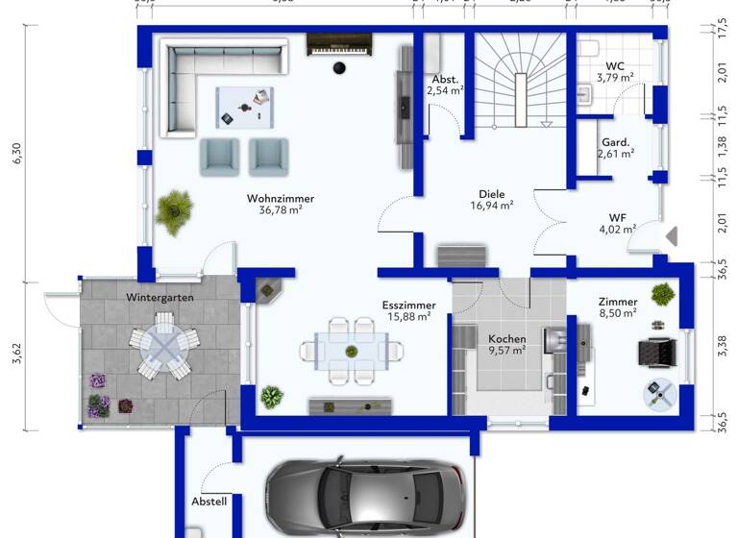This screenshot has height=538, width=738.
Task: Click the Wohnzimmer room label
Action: point(281,199)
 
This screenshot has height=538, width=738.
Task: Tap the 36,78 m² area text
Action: point(281,212)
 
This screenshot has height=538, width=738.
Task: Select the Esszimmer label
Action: point(408,304)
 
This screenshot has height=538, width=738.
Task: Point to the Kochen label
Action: point(505,339)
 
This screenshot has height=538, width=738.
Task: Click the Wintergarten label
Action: point(160,298)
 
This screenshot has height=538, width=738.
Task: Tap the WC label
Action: point(614,65)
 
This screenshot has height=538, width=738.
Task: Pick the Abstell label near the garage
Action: point(209,501)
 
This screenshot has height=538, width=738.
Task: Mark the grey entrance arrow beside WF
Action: point(673,235)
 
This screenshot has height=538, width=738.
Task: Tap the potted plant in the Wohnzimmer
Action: point(174,210)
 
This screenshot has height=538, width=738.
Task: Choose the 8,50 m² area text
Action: point(617,313)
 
